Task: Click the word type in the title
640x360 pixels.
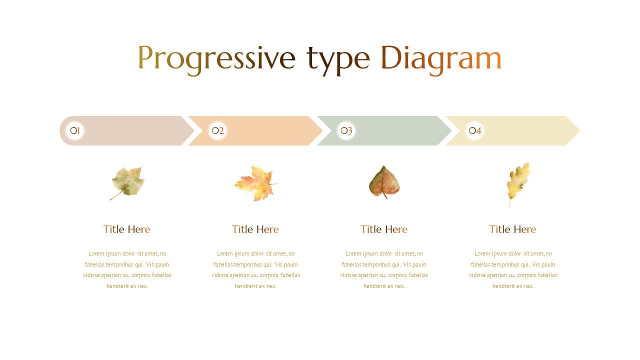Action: point(338,58)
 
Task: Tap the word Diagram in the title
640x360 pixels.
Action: point(440,58)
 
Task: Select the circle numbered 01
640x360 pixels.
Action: point(75,131)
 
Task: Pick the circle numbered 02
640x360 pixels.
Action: point(217,131)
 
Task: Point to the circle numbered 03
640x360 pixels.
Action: point(346,131)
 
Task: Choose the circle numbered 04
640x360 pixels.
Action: point(475,131)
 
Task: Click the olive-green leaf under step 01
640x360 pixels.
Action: point(128,182)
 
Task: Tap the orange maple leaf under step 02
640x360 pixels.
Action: point(255,183)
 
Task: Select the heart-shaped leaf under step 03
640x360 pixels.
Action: point(384,181)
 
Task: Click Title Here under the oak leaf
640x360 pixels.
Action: point(512,229)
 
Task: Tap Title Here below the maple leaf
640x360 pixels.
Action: point(255,229)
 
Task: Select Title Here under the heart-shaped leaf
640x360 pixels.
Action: point(384,229)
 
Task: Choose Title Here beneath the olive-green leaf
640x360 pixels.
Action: point(126,229)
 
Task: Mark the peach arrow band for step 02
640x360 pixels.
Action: point(265,131)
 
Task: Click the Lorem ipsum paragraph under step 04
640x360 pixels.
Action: point(513,270)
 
